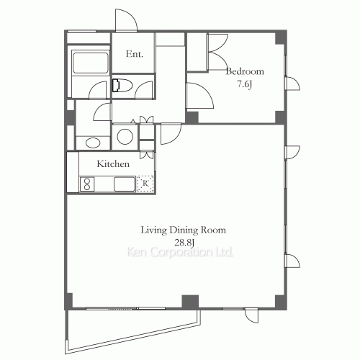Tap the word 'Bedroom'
(x=245, y=71)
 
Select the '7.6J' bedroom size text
(x=245, y=84)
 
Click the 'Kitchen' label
(x=114, y=164)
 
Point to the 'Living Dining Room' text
(x=183, y=230)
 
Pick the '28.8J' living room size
(x=183, y=242)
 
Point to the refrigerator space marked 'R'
(x=146, y=184)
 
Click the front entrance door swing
(x=124, y=21)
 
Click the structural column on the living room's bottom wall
(x=190, y=301)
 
